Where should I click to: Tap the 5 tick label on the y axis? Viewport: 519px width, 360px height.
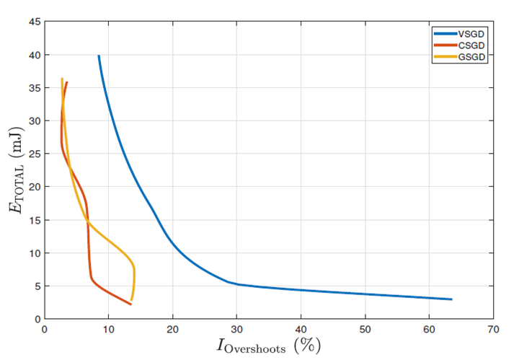pos(36,286)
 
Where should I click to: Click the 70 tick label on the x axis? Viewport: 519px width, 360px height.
pos(493,330)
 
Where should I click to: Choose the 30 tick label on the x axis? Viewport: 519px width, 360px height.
pos(236,330)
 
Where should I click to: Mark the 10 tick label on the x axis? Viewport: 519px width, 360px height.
pos(108,330)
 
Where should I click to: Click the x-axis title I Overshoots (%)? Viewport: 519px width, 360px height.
pos(268,346)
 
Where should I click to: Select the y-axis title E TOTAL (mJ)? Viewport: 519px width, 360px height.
pos(14,170)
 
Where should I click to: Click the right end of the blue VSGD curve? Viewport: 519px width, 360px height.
pos(451,299)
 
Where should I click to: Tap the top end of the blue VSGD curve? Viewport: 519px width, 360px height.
pos(99,56)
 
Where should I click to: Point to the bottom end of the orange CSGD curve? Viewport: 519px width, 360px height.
pos(130,304)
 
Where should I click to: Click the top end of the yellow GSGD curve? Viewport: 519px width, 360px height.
pos(62,79)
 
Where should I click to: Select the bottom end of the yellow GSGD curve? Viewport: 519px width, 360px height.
pos(131,299)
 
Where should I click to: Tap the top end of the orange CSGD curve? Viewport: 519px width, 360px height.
pos(67,82)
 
